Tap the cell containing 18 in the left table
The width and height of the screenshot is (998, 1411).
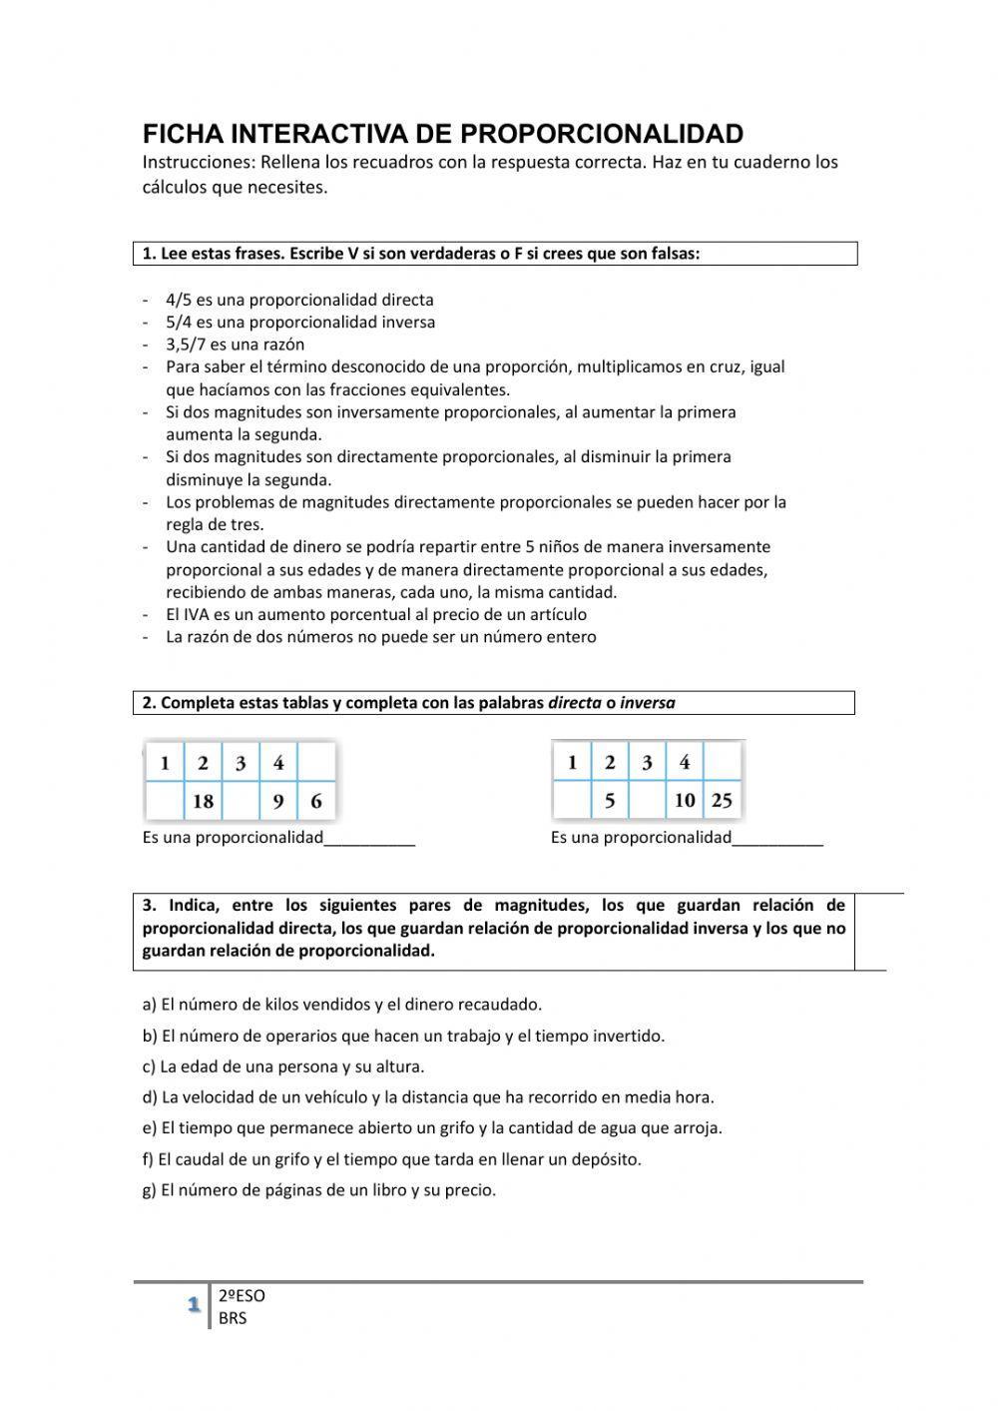[203, 801]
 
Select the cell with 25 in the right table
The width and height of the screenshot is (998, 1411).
[722, 801]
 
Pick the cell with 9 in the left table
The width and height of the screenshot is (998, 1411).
[278, 801]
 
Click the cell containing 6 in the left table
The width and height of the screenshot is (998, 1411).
[316, 801]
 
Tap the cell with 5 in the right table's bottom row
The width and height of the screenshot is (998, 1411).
[610, 801]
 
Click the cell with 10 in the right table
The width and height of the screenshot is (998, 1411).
[685, 801]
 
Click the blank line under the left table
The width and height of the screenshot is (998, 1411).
[369, 839]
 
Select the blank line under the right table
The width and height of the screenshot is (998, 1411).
[777, 839]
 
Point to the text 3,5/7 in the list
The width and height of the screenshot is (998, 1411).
[186, 345]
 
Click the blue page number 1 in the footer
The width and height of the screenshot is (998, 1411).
[194, 1305]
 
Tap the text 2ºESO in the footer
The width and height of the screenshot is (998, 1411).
[242, 1296]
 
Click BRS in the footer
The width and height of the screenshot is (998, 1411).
[233, 1318]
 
